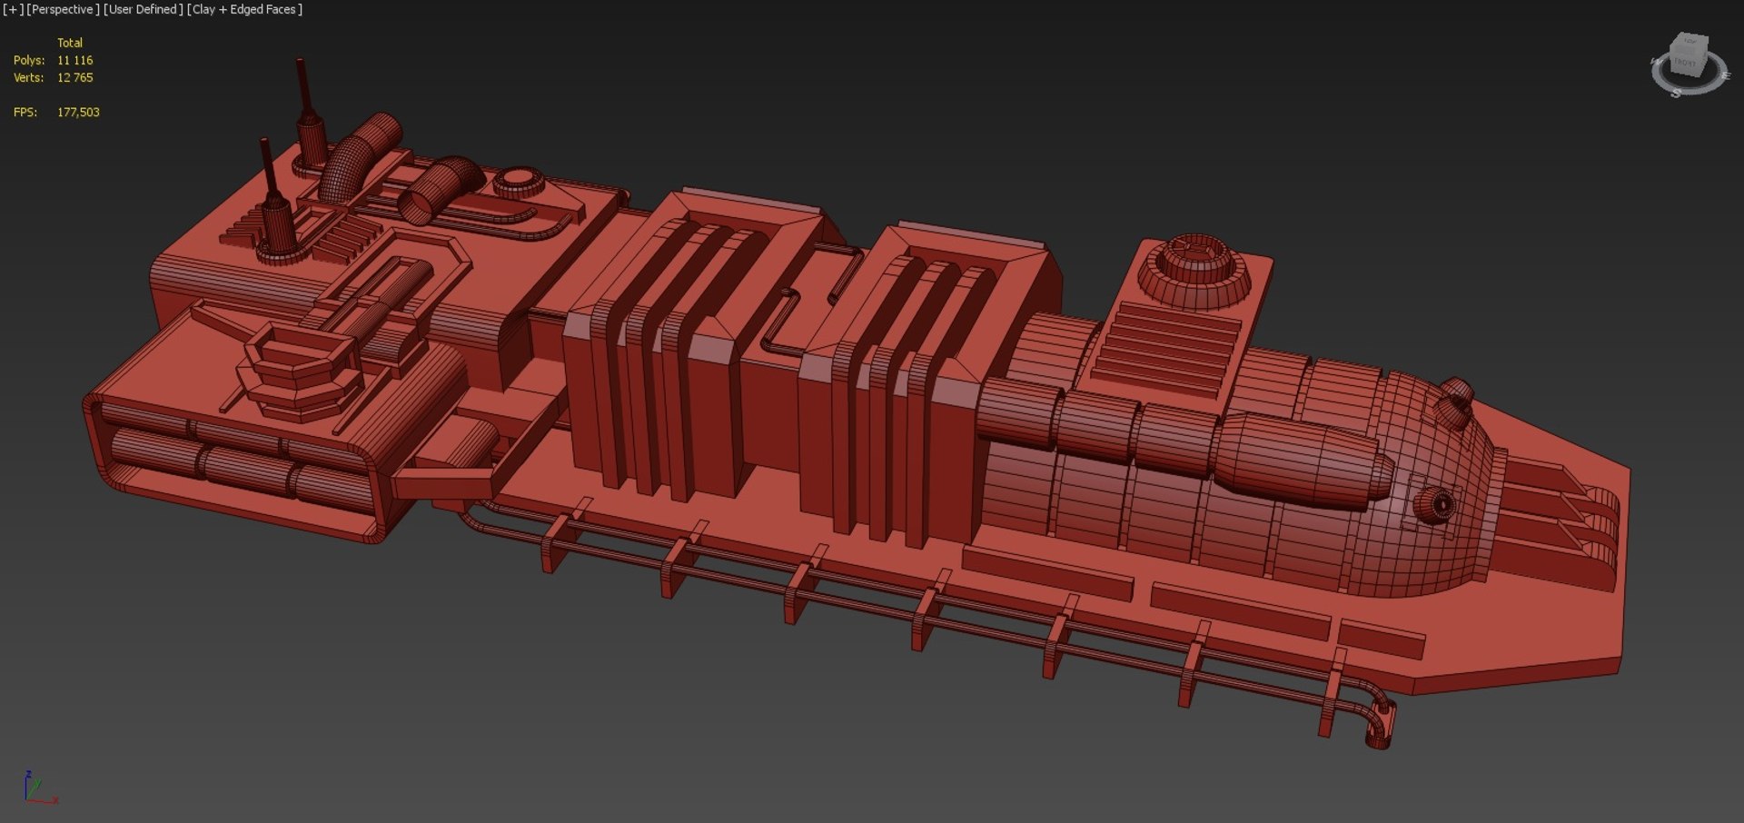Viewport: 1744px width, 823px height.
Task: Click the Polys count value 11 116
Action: pyautogui.click(x=74, y=60)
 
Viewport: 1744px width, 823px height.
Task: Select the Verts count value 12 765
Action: pyautogui.click(x=74, y=77)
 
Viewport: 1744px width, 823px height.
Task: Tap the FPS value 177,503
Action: pyautogui.click(x=78, y=112)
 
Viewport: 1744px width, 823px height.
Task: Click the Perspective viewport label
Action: pyautogui.click(x=63, y=9)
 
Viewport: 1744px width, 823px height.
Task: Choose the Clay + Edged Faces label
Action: pyautogui.click(x=244, y=9)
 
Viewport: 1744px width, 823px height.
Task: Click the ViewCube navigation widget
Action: pyautogui.click(x=1688, y=64)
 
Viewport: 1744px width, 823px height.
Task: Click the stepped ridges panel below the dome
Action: pyautogui.click(x=1167, y=350)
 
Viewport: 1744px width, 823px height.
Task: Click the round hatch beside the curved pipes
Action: pyautogui.click(x=519, y=181)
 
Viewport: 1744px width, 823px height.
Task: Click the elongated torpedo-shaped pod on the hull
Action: pyautogui.click(x=1299, y=459)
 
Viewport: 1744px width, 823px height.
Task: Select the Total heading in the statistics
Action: pyautogui.click(x=70, y=43)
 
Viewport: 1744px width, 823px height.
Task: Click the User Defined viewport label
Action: pyautogui.click(x=143, y=9)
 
